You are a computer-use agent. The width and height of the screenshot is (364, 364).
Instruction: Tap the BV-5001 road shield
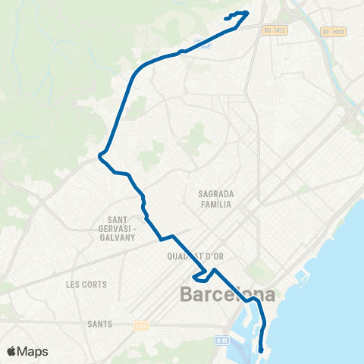(332, 31)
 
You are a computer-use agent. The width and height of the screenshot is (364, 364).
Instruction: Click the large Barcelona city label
(227, 294)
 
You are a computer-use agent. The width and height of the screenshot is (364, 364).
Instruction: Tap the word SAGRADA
(215, 193)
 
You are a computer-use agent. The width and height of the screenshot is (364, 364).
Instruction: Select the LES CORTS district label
(86, 284)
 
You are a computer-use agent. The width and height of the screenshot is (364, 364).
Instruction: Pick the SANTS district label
(100, 324)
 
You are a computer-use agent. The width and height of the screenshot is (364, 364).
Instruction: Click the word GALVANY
(117, 237)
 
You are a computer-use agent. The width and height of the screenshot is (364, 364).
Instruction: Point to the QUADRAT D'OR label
(193, 256)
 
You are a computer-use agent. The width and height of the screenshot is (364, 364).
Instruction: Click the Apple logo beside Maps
(11, 351)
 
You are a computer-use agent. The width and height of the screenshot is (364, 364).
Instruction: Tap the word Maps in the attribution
(33, 351)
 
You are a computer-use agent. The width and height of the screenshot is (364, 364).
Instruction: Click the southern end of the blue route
(261, 350)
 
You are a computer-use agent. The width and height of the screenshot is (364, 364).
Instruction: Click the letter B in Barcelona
(186, 294)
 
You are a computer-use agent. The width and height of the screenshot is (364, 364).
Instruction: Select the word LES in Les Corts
(73, 284)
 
